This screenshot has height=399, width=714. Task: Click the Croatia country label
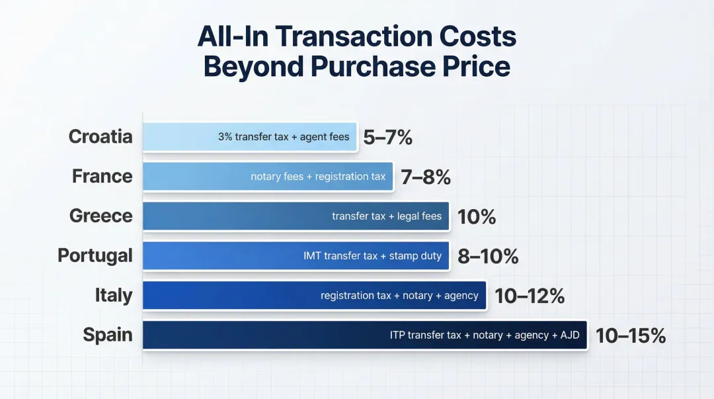100,137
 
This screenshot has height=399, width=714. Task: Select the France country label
102,177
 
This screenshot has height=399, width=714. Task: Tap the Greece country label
101,216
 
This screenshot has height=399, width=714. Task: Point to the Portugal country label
95,255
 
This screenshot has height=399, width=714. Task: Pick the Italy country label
114,295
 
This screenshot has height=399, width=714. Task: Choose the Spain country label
108,335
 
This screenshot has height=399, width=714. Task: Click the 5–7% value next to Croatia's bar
388,137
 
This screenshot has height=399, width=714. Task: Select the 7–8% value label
426,177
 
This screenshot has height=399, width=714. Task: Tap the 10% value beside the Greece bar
477,216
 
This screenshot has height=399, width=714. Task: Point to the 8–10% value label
488,256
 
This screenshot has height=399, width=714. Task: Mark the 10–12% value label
530,296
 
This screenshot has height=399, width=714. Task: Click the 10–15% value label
630,335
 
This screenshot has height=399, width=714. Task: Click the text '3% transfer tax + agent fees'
284,137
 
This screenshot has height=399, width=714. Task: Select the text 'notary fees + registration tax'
318,177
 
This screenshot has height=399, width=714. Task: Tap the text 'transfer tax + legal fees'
387,216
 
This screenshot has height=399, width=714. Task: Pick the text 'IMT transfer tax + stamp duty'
372,256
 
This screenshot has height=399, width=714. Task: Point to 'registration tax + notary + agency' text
399,296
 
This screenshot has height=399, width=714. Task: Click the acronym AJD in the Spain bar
570,335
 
